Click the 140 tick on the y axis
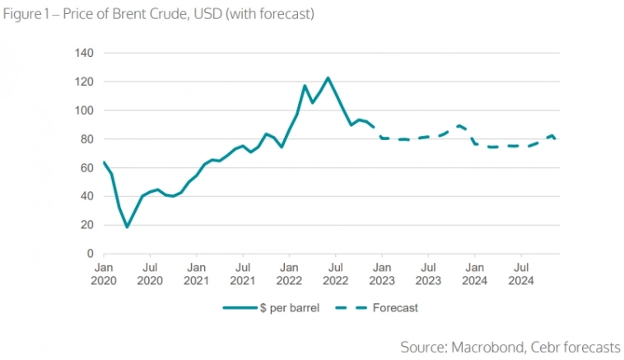(86, 53)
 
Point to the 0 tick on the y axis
(90, 254)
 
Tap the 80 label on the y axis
(87, 139)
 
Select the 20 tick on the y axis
(87, 225)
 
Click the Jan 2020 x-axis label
(104, 274)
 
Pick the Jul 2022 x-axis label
(335, 274)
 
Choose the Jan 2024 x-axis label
(474, 274)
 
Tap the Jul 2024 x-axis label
(521, 274)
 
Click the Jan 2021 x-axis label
(196, 274)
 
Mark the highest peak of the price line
(328, 78)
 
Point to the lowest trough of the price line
(127, 227)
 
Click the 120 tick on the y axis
(86, 82)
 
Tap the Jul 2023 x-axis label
(428, 274)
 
